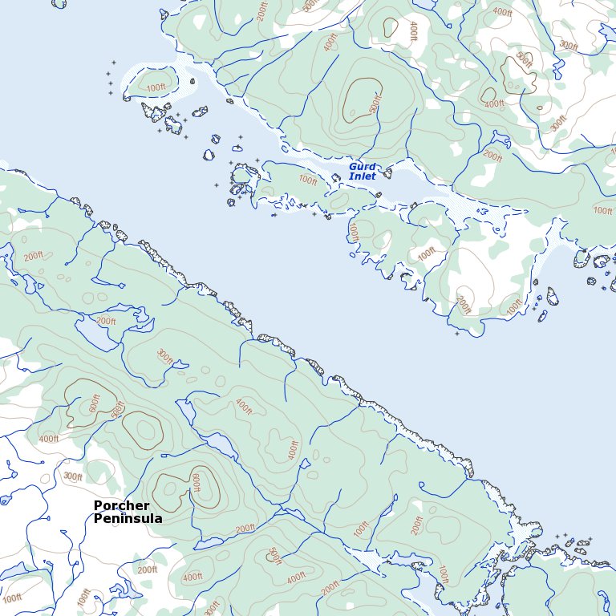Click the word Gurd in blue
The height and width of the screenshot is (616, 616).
(x=362, y=167)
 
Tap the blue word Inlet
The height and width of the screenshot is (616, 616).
(x=362, y=176)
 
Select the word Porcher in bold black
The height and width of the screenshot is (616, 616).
(x=121, y=505)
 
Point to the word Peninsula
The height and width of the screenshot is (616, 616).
(x=128, y=519)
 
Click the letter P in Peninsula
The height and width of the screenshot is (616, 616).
(x=98, y=519)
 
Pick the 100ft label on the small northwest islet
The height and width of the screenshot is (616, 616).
(x=157, y=87)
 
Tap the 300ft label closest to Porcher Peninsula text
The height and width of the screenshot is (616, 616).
(x=73, y=476)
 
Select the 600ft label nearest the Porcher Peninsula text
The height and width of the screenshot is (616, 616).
(x=195, y=483)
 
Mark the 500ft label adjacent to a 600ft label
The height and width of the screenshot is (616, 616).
(x=118, y=410)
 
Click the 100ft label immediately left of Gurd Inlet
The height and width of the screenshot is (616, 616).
(x=307, y=180)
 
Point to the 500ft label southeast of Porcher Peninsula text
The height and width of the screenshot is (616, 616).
(x=274, y=555)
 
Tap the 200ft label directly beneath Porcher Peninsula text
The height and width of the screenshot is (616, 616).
(x=147, y=570)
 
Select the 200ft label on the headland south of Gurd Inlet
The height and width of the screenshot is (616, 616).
(x=464, y=305)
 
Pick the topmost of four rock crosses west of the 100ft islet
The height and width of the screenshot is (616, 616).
(x=113, y=63)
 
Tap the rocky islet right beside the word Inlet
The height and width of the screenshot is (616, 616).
(x=387, y=172)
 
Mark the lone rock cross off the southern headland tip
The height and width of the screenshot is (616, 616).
(x=457, y=334)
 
